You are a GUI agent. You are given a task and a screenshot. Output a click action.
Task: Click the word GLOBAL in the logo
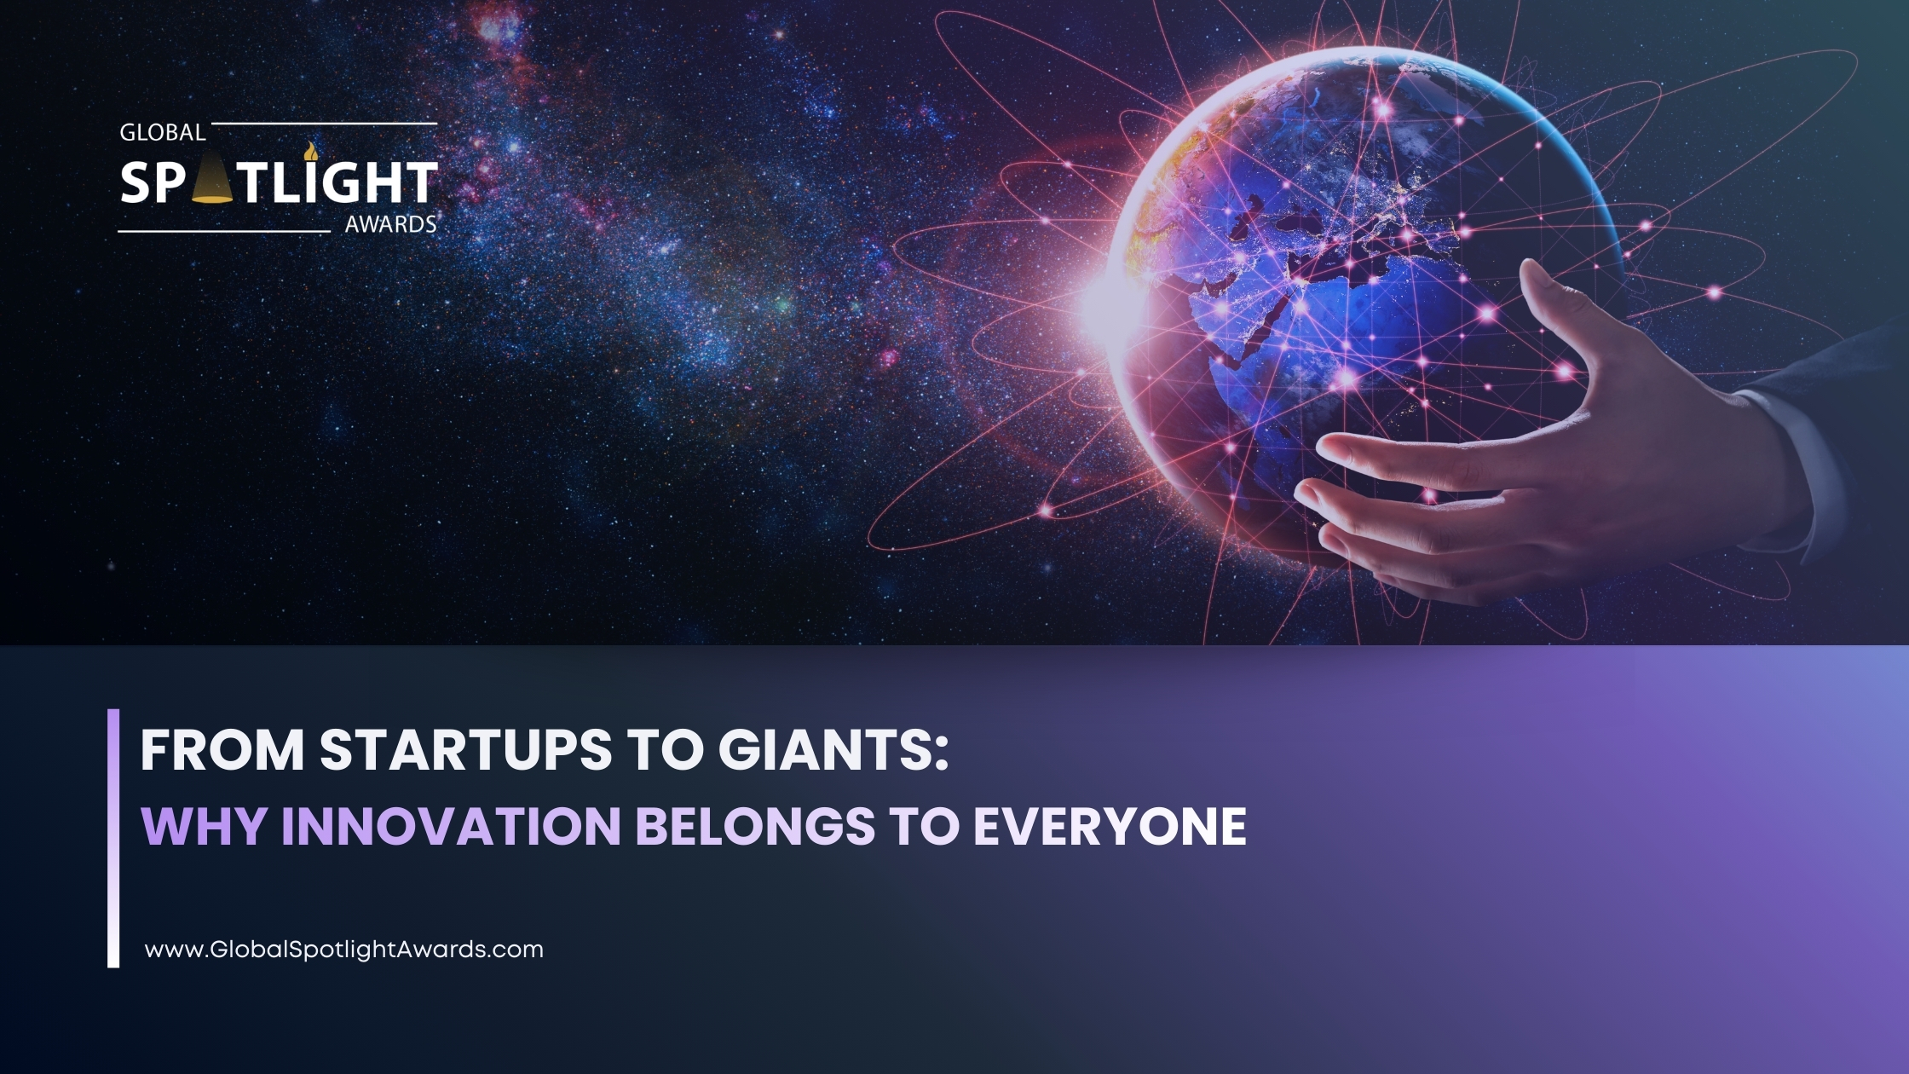point(163,133)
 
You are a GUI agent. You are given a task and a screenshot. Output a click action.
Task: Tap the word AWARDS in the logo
point(390,225)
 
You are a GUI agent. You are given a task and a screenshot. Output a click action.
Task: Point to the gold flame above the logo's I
point(310,152)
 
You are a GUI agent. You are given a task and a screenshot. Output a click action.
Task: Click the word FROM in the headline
point(222,750)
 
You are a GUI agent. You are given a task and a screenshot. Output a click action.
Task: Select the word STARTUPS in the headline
point(466,750)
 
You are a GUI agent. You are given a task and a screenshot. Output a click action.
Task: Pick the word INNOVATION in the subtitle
point(451,826)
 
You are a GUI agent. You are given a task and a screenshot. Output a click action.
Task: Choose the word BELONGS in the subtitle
point(755,826)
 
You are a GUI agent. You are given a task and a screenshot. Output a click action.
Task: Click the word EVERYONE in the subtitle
point(1110,826)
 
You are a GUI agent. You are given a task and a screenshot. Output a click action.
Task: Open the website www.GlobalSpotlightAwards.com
point(344,950)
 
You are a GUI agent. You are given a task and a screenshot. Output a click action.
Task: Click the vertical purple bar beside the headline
point(113,838)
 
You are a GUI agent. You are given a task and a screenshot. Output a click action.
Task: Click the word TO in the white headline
point(665,750)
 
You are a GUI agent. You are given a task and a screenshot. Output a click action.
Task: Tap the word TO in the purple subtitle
point(925,826)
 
